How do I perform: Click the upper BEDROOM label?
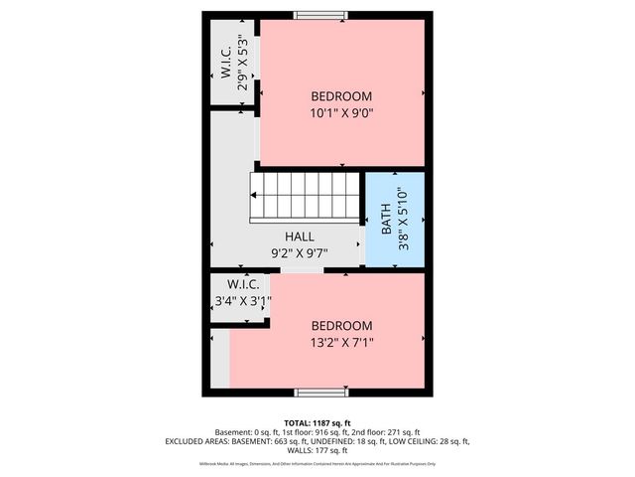341,96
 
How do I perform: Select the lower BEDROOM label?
341,326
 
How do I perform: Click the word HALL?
300,238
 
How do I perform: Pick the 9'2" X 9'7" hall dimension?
300,252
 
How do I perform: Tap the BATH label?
386,220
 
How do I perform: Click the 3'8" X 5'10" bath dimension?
402,219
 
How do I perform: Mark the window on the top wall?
321,15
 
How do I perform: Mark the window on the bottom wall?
321,392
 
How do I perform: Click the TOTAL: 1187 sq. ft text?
317,422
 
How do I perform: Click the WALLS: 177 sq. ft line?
317,450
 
